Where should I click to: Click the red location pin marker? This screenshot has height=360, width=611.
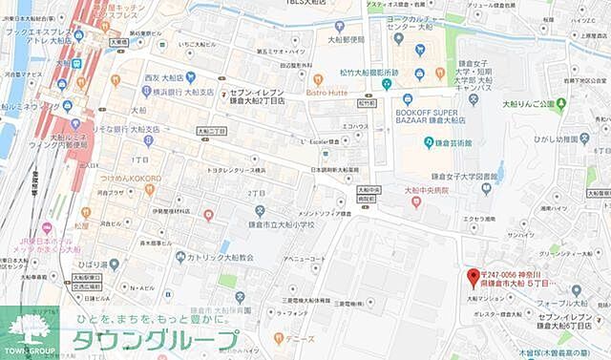click(x=472, y=279)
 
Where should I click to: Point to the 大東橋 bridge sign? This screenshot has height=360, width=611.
click(x=117, y=41)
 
